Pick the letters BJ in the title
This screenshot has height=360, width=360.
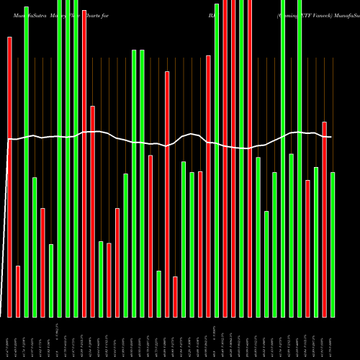[212, 14]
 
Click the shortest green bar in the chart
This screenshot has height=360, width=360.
[158, 293]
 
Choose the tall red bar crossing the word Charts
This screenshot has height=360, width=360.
[84, 158]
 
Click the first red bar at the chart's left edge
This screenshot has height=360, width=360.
[9, 176]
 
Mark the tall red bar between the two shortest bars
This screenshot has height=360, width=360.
[167, 194]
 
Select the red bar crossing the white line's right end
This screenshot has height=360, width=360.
[325, 219]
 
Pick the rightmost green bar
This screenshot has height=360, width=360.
[333, 244]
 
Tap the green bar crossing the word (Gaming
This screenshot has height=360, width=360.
[283, 158]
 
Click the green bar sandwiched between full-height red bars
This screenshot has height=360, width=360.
[241, 158]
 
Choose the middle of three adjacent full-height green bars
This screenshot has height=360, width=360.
[68, 158]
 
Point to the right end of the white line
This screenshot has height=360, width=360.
[330, 137]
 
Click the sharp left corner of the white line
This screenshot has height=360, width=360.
[9, 140]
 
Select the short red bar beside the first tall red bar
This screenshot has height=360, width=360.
[18, 291]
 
